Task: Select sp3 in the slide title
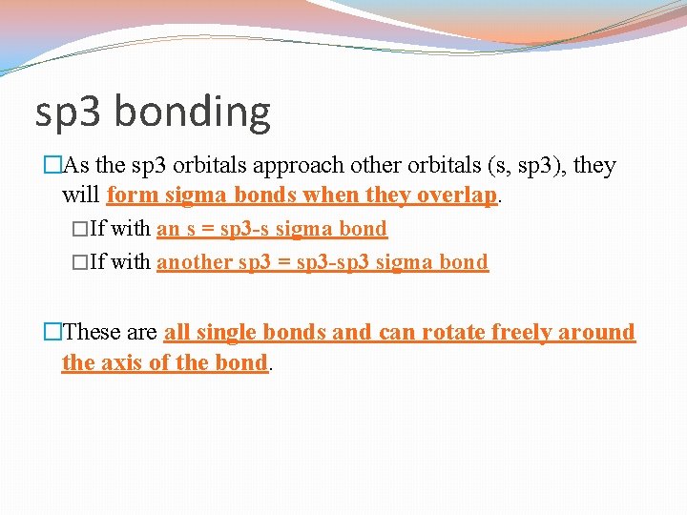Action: (70, 113)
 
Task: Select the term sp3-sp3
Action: (341, 262)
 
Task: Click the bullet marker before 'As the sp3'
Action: (52, 166)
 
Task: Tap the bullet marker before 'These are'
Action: (52, 333)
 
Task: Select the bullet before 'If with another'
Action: (80, 262)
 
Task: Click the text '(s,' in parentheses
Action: (498, 166)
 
